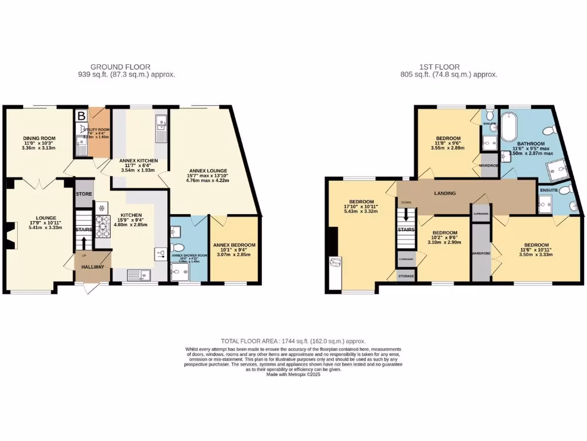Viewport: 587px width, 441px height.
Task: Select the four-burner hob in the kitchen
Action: [103, 225]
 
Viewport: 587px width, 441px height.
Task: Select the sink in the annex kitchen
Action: [161, 122]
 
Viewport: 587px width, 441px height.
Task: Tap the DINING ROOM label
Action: [39, 138]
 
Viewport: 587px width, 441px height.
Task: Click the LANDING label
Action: [445, 194]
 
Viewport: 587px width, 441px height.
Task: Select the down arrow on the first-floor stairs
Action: [406, 215]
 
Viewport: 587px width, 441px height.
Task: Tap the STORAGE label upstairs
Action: [406, 276]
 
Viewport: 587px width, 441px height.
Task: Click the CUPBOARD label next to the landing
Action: [480, 213]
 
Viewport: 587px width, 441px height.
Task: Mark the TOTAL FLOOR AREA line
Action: [293, 341]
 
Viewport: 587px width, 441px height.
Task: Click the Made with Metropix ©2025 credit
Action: [293, 374]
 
